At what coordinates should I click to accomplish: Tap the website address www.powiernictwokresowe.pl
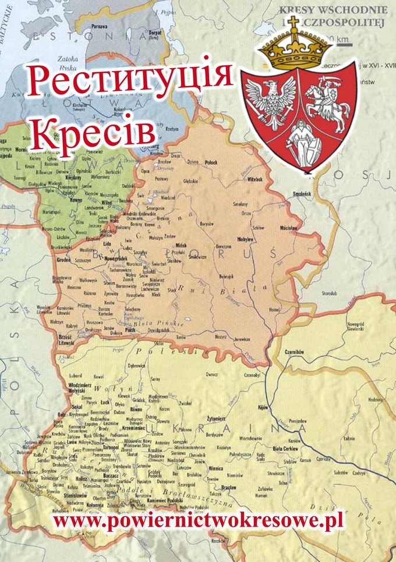tap(198, 519)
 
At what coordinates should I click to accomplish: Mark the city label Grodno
tap(63, 260)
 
